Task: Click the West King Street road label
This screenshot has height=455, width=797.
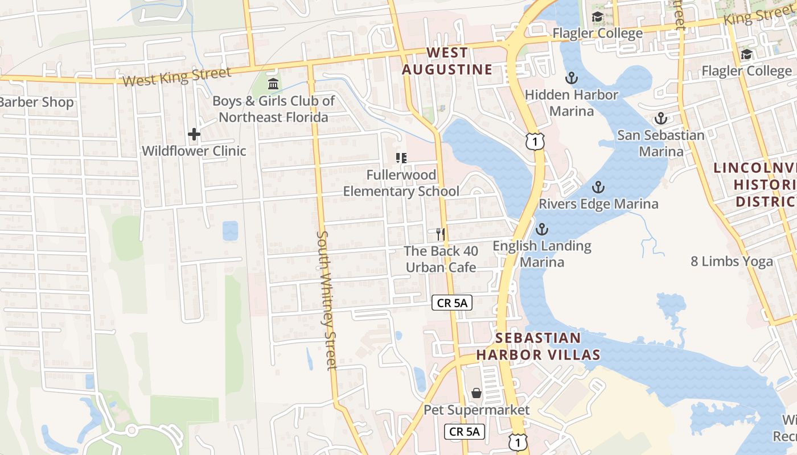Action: pos(177,76)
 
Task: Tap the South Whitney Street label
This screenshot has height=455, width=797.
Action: pos(327,300)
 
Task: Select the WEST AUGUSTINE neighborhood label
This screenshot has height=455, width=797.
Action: pos(447,61)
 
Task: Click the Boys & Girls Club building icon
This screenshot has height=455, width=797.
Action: pos(273,84)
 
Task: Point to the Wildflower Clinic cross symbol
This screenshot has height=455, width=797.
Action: pos(194,134)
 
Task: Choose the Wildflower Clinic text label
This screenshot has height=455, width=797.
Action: pos(194,151)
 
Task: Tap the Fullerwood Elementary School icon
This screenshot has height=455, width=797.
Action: pos(401,158)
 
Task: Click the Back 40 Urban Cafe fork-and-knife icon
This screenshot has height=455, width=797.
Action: pos(440,234)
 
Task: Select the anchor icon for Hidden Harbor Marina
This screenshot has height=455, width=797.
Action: pos(571,78)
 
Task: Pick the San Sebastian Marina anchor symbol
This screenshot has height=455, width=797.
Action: pos(660,118)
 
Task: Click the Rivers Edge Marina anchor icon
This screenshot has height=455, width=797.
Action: pos(598,187)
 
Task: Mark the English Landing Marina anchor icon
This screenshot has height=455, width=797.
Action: pos(542,229)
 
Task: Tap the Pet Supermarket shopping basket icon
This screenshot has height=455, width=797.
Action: pos(476,393)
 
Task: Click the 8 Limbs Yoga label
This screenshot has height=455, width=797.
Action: pos(732,262)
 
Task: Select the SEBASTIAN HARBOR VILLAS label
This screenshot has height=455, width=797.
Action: pos(538,346)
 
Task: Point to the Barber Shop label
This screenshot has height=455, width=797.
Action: pos(37,102)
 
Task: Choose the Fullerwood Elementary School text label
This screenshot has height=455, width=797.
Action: pos(401,183)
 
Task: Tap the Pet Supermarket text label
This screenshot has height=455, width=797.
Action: pos(476,410)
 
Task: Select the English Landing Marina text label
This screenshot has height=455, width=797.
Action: pos(542,254)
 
